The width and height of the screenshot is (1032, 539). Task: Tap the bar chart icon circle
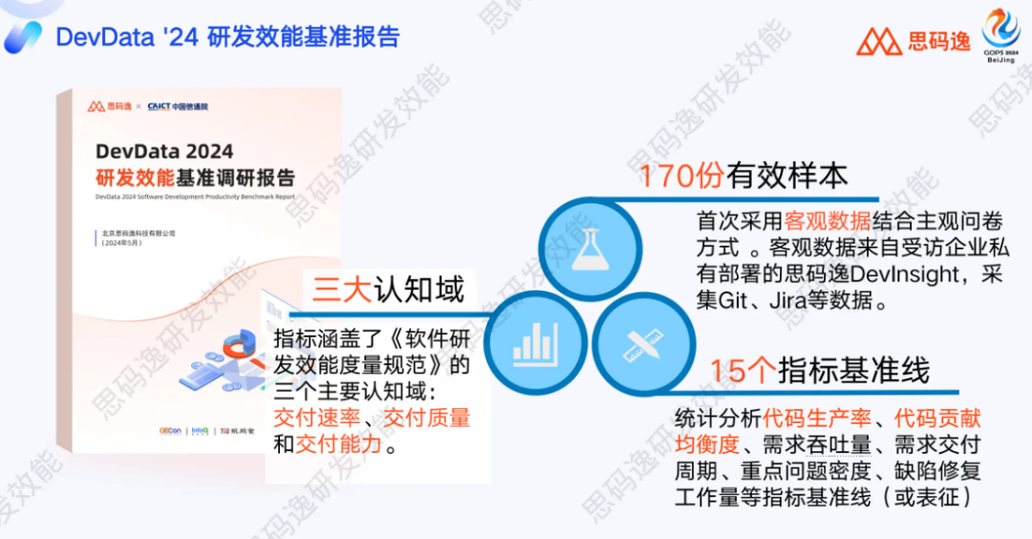pos(534,341)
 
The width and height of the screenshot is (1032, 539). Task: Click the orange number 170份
pos(681,177)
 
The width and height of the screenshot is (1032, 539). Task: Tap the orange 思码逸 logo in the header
pos(913,40)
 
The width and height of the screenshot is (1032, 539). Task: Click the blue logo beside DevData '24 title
pos(22,37)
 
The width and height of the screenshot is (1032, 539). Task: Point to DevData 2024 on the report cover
pos(164,151)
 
